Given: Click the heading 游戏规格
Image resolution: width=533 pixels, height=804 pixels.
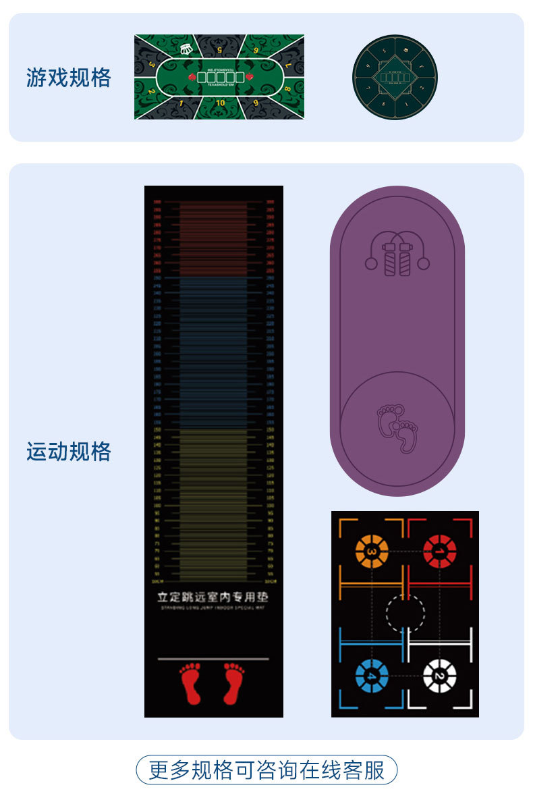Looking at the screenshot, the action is pyautogui.click(x=69, y=78).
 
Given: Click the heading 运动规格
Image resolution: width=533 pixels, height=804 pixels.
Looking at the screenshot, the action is pyautogui.click(x=69, y=452).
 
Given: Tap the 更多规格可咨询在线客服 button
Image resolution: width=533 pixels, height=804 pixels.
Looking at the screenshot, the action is pyautogui.click(x=266, y=770).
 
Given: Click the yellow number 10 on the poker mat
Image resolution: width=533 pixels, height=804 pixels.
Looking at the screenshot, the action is pyautogui.click(x=220, y=103).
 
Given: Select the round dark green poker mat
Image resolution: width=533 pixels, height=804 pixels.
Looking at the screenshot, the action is pyautogui.click(x=395, y=77).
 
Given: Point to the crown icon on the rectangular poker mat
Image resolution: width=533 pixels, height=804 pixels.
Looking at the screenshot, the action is pyautogui.click(x=187, y=49).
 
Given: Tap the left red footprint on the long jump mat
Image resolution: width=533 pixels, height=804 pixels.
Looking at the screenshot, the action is pyautogui.click(x=190, y=683).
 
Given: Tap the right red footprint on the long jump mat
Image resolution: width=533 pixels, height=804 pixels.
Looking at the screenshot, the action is pyautogui.click(x=233, y=683).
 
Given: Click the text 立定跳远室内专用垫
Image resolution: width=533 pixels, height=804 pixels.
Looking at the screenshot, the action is pyautogui.click(x=213, y=597).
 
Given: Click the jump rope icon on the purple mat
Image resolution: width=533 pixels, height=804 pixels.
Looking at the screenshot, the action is pyautogui.click(x=397, y=254).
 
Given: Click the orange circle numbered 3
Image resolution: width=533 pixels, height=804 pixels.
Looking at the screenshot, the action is pyautogui.click(x=372, y=552).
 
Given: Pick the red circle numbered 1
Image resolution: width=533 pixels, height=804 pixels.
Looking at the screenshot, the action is pyautogui.click(x=439, y=552).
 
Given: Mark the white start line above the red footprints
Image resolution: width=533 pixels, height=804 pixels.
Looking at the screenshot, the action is pyautogui.click(x=213, y=658).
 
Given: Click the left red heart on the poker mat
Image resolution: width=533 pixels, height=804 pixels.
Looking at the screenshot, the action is pyautogui.click(x=192, y=77).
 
